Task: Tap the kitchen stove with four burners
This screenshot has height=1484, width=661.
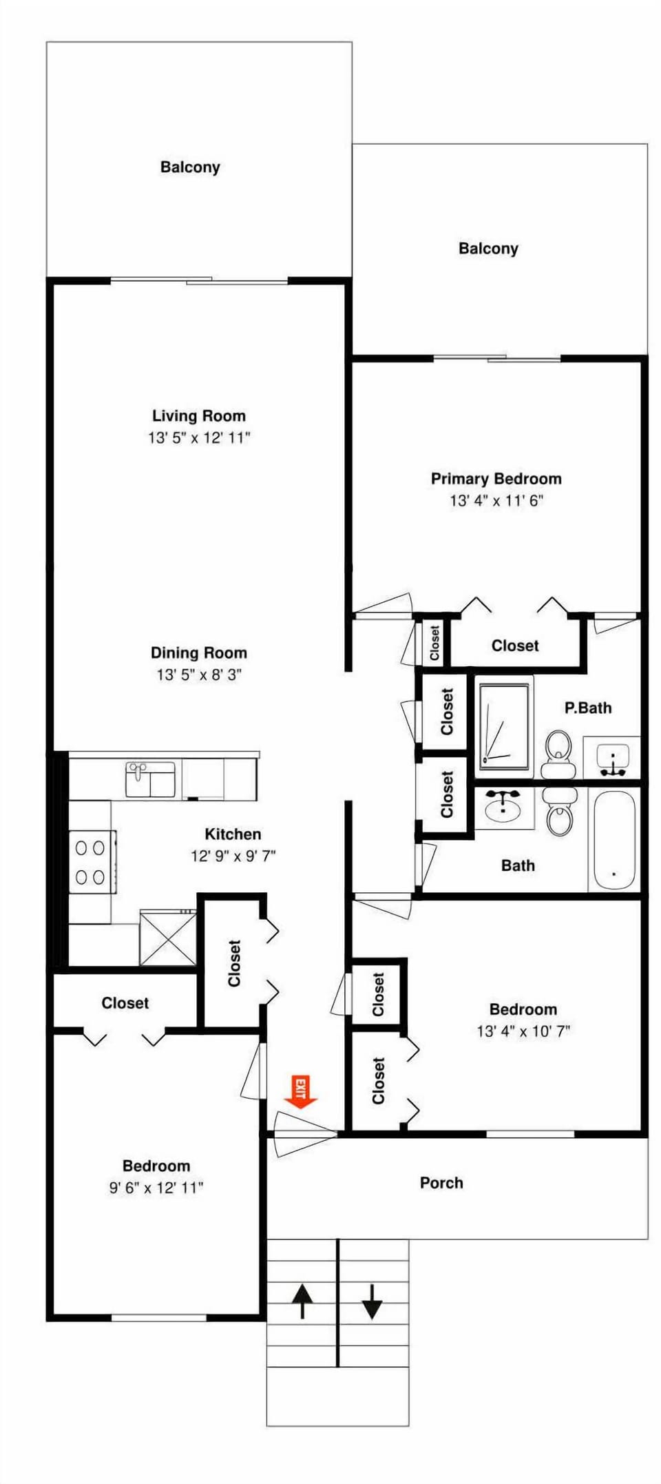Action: (91, 862)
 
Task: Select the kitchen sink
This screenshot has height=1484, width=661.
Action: (149, 779)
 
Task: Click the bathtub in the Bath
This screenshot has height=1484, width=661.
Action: (613, 841)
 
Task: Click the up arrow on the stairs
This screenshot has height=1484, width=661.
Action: (302, 1301)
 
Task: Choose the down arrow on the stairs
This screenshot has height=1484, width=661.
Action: (372, 1301)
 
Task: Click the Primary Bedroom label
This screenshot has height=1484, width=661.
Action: (496, 479)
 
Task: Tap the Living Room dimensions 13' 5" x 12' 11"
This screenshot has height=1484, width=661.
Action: (199, 437)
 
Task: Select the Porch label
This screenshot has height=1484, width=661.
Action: (441, 1183)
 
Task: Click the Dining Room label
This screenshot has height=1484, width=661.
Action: (199, 652)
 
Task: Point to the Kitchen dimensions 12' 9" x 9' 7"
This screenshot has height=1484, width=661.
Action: (233, 856)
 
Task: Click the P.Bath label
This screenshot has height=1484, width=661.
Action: (587, 708)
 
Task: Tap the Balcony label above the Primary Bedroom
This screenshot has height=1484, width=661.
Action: (488, 248)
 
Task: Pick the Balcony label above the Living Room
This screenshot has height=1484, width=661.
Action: (190, 167)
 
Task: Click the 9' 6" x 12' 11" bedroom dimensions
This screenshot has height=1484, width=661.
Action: (156, 1187)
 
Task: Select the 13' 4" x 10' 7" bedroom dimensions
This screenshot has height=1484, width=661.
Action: (523, 1031)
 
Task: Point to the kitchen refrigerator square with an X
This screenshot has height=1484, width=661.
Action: (167, 938)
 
